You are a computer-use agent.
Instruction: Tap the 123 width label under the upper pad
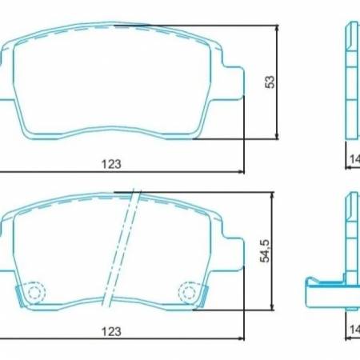[111, 164]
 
